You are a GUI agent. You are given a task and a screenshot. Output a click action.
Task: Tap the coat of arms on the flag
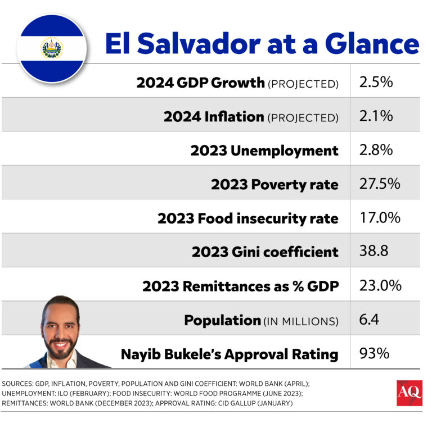[51, 48]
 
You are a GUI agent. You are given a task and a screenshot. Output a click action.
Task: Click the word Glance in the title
[373, 44]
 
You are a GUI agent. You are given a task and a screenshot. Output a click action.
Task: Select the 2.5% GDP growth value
[375, 82]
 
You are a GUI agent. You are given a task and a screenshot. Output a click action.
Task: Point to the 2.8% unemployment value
[375, 150]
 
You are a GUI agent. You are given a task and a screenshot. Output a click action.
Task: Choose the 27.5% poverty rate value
[379, 184]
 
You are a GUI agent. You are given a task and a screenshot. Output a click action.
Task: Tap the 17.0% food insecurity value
[380, 217]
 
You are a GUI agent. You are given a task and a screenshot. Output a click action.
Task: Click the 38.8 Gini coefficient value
[373, 251]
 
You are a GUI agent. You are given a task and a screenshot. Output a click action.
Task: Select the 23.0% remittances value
[380, 285]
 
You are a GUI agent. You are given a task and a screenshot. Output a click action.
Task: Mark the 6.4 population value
[368, 320]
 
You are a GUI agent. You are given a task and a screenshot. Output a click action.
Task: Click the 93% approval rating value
[373, 354]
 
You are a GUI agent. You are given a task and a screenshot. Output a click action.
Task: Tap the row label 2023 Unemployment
[264, 151]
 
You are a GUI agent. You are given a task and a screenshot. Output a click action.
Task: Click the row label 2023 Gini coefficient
[265, 252]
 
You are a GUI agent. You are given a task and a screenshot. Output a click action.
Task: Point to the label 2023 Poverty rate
[274, 184]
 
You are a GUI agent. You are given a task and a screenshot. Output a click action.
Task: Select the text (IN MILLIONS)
[301, 321]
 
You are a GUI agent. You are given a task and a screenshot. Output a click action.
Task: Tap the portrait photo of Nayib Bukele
[60, 331]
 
